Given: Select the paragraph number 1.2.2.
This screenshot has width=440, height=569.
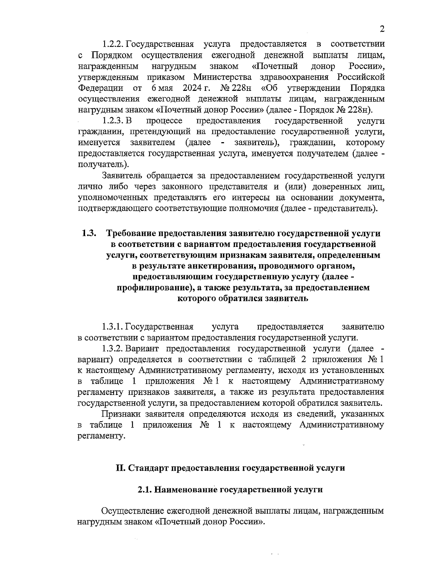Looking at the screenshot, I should click(113, 44).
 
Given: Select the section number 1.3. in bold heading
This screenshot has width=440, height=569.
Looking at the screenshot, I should click(89, 233).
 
